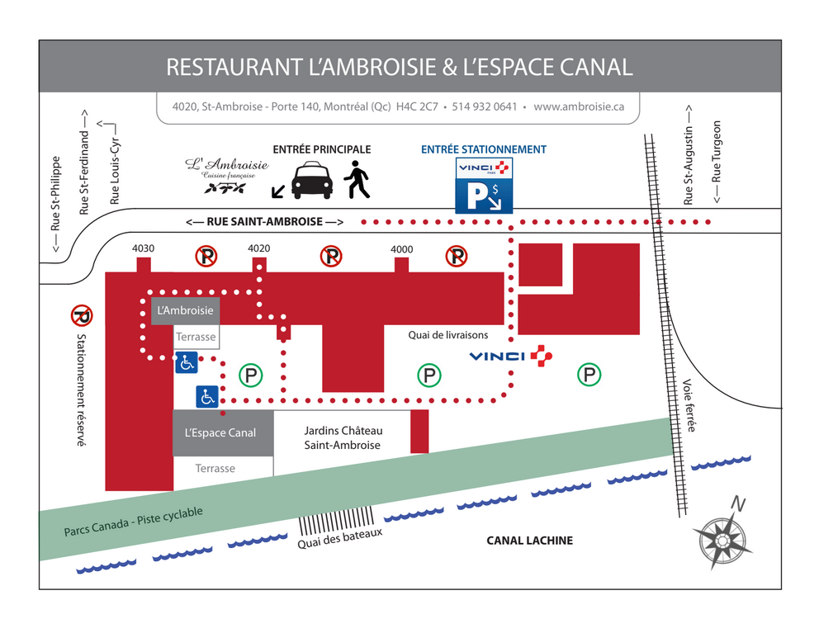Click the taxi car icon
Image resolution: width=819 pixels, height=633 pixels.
312,181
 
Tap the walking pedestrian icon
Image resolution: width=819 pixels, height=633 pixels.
357,180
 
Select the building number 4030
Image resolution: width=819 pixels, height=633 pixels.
143,248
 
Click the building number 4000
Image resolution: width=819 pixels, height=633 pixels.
402,249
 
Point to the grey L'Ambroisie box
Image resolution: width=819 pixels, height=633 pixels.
186,311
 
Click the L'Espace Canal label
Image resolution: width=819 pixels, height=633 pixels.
220,433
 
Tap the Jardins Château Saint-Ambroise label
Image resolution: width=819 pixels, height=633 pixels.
343,437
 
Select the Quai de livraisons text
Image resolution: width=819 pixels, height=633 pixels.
448,335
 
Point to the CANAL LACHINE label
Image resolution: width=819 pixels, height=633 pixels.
530,541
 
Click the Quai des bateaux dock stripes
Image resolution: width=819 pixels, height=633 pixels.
336,520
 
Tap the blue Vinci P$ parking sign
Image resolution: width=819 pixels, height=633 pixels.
484,186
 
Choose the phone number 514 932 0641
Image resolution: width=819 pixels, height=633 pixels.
484,106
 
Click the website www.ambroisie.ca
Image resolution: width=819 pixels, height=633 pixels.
579,106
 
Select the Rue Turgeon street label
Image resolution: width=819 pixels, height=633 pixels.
717,162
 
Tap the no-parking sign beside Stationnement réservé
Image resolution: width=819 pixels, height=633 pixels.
82,315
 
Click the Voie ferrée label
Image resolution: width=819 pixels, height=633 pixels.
689,405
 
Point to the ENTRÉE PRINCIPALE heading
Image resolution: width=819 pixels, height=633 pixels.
322,150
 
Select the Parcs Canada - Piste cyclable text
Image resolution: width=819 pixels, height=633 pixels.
133,522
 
